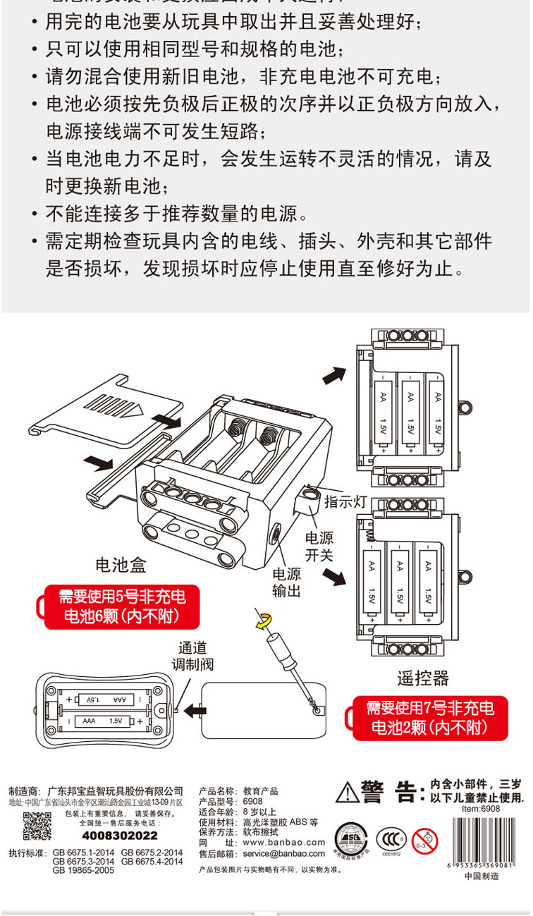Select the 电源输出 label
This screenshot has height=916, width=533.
click(286, 582)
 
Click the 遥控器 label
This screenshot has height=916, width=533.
click(423, 678)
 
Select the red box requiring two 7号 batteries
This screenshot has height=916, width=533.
click(429, 717)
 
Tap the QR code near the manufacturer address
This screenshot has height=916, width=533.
click(37, 826)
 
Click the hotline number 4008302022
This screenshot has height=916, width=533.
click(120, 836)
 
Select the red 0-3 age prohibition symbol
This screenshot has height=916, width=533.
click(424, 839)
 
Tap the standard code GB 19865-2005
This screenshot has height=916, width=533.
click(83, 870)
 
